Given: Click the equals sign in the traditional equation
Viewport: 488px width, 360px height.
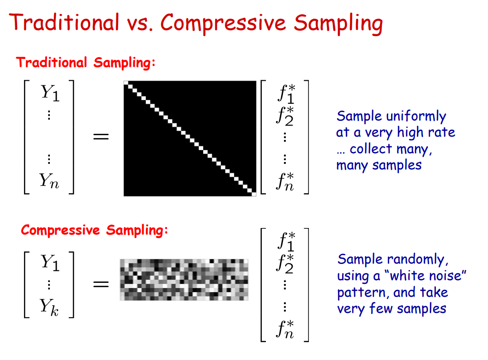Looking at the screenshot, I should pyautogui.click(x=101, y=137).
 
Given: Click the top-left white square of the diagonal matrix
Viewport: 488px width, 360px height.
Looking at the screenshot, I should pyautogui.click(x=126, y=83).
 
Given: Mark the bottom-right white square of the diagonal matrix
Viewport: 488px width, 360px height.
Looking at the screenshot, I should pyautogui.click(x=253, y=194).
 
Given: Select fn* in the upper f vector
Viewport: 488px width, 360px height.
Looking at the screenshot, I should pyautogui.click(x=285, y=181).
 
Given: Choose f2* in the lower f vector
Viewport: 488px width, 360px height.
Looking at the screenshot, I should pyautogui.click(x=285, y=262).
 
